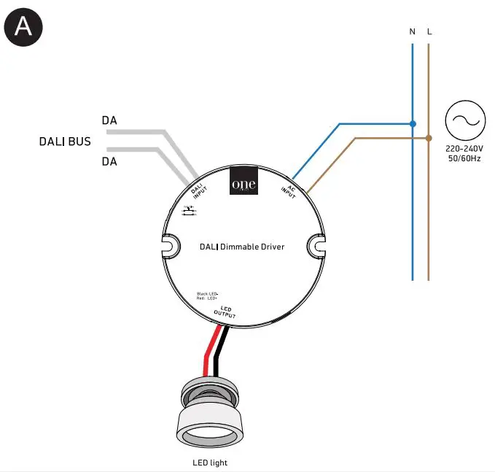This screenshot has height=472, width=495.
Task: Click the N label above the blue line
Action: coord(413,32)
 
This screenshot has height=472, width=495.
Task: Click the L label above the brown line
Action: coord(429,32)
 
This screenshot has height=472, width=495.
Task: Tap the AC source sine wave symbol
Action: coord(465,121)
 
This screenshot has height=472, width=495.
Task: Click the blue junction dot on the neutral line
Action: coord(413,123)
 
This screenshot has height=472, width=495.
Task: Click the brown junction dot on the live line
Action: coord(429,137)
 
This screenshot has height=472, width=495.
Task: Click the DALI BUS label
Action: coord(65,141)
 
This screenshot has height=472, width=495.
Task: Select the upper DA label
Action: coord(109,120)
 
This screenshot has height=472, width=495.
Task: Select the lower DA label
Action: coord(109,162)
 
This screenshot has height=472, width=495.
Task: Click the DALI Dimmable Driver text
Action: coord(242,247)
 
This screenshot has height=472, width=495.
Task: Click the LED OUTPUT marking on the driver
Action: coord(225,312)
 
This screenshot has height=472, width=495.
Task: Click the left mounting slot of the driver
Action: coord(168,246)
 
